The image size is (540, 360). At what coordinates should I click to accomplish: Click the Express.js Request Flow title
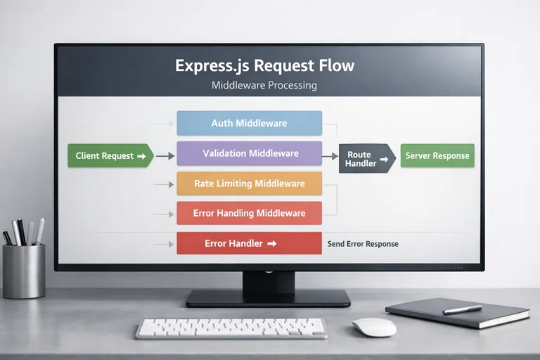click(x=264, y=66)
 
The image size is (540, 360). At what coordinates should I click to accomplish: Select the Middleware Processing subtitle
click(x=264, y=85)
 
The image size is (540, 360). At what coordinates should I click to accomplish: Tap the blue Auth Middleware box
click(x=249, y=123)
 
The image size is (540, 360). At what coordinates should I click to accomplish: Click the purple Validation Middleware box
click(x=249, y=153)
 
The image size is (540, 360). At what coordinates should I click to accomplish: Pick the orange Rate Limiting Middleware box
click(x=249, y=184)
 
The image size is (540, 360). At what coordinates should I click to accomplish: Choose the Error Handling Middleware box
click(x=249, y=213)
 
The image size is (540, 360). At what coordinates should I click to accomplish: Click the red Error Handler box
click(x=249, y=243)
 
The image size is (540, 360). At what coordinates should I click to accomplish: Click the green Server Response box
click(x=437, y=155)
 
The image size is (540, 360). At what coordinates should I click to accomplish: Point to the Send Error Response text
click(x=363, y=244)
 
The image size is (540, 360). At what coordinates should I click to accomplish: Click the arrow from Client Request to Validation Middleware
click(x=165, y=155)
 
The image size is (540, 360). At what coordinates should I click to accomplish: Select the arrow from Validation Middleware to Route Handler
click(x=330, y=155)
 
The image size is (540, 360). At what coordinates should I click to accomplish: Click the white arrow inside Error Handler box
click(x=272, y=243)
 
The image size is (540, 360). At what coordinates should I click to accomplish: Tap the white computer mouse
click(x=374, y=327)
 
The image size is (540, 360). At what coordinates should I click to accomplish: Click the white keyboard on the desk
click(x=231, y=328)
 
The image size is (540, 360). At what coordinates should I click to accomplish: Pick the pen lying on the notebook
click(x=462, y=309)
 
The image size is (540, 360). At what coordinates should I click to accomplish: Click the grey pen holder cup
click(x=24, y=271)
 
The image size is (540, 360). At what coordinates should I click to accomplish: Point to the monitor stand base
click(x=268, y=298)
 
